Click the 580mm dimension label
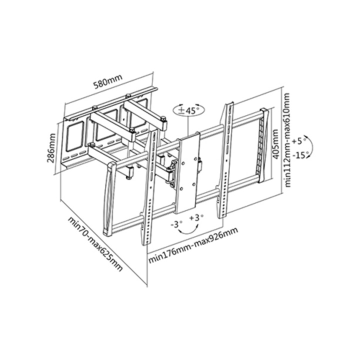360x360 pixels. point(107,81)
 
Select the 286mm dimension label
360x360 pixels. point(51,148)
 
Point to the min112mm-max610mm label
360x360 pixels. point(287,140)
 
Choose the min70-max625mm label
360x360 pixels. point(95,244)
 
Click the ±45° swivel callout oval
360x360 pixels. point(189,110)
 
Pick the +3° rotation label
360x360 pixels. point(196,217)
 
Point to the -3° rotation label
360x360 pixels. point(176,224)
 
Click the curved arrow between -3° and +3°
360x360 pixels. point(188,233)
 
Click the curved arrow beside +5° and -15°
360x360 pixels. point(312,146)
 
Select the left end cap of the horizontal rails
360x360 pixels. point(109,199)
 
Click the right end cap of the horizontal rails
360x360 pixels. point(264,145)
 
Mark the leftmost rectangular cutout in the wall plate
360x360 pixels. point(74,137)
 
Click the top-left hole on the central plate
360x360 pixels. point(183,163)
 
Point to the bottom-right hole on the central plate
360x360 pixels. point(193,184)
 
